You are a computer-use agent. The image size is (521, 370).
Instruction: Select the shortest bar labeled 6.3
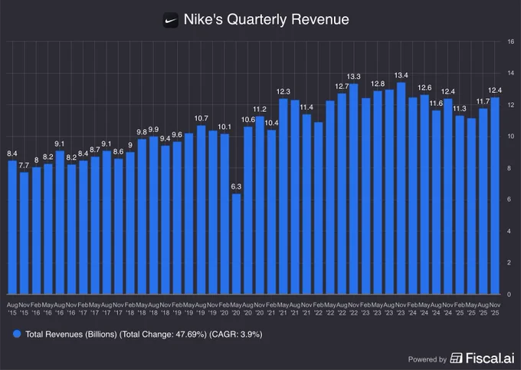236,243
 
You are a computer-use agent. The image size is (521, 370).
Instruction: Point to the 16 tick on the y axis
510,41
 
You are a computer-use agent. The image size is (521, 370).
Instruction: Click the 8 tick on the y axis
510,167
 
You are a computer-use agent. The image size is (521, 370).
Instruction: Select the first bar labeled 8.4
12,227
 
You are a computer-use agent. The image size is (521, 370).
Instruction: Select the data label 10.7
201,118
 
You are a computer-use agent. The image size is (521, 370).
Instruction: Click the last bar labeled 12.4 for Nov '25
495,196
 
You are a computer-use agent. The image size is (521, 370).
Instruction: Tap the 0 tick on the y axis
510,294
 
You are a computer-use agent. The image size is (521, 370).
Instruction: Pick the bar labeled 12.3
283,197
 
